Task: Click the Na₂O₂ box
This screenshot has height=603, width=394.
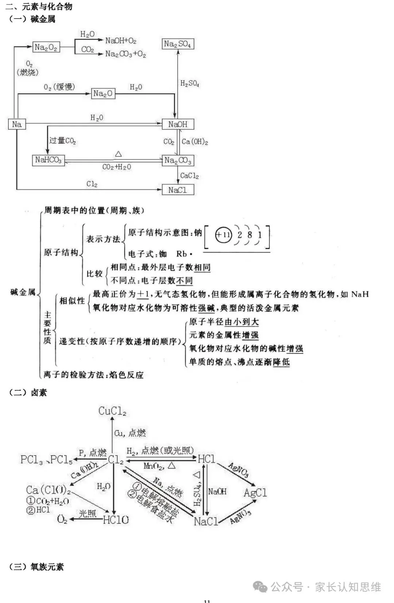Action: click(46, 47)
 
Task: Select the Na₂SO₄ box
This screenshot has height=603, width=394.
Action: click(178, 44)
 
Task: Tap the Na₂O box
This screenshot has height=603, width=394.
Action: click(103, 94)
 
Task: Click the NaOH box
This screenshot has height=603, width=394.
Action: click(178, 125)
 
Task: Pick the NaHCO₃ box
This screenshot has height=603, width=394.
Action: click(48, 160)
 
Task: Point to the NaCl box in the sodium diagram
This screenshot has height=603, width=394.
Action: click(178, 190)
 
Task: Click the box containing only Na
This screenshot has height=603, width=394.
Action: click(17, 125)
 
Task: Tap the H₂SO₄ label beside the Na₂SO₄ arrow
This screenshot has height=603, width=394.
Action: click(190, 84)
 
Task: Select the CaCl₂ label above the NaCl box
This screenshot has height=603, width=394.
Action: click(189, 176)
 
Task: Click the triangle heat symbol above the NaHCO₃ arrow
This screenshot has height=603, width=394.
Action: click(118, 154)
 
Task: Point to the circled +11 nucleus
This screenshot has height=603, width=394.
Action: click(223, 235)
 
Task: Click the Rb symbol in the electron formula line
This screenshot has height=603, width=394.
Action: click(182, 254)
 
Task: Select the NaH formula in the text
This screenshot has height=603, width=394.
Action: click(360, 294)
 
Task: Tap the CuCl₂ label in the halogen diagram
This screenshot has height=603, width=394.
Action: click(112, 411)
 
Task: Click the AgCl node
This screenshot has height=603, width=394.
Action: click(255, 493)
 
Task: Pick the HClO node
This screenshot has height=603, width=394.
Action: click(116, 520)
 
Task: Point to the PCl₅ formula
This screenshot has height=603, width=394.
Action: click(61, 460)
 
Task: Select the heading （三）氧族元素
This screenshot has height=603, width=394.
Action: click(36, 567)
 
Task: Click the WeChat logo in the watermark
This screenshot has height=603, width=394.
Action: click(260, 587)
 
